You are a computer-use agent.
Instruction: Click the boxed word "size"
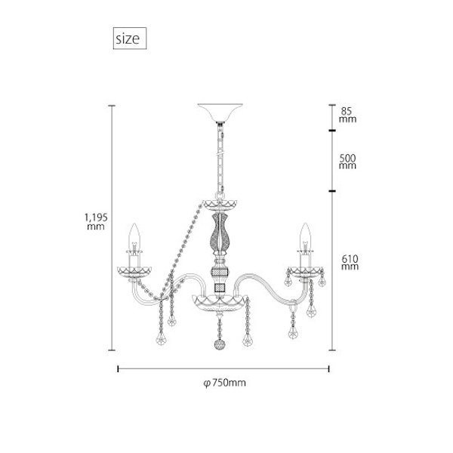[128, 39]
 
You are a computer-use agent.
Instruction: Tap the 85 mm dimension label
[347, 115]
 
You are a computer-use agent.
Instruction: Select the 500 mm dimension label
[347, 162]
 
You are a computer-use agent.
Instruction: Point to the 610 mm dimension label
[350, 262]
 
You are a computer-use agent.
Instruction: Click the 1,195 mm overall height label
[96, 221]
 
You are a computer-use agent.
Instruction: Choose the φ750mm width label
[224, 383]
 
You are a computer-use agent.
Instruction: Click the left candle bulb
[134, 237]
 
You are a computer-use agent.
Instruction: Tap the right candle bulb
[305, 236]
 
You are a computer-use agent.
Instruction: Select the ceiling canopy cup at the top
[220, 112]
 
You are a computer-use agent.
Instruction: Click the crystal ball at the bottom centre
[220, 344]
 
